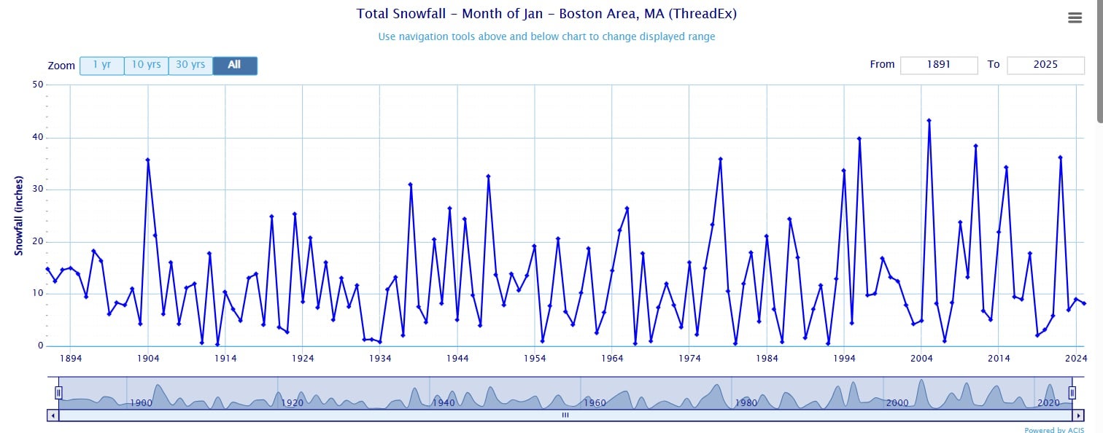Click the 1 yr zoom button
tap(102, 66)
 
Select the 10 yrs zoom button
tap(147, 66)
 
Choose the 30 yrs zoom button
tap(190, 66)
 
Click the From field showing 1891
tap(939, 65)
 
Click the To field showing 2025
tap(1045, 65)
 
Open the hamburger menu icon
tap(1075, 18)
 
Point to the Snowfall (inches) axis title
tap(20, 216)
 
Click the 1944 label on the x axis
tap(457, 359)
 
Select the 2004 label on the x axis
tap(921, 359)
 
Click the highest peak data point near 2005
tap(929, 120)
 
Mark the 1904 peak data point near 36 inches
tap(147, 160)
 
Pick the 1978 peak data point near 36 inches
tap(720, 159)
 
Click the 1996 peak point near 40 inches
tap(859, 138)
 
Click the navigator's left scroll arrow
tap(53, 416)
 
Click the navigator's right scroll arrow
tap(1077, 416)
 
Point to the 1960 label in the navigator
tap(595, 403)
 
